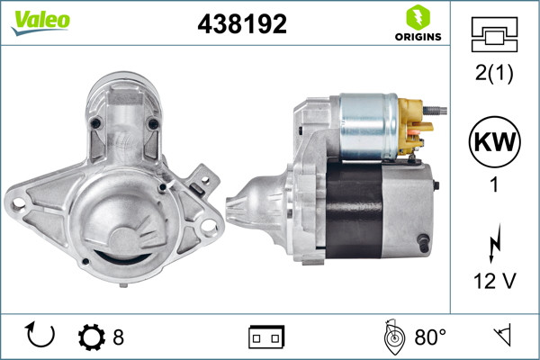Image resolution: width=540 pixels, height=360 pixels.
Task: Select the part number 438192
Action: (x=242, y=24)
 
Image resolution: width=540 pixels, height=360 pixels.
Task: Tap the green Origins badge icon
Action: (x=416, y=16)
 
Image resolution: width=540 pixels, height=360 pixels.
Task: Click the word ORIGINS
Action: (x=417, y=36)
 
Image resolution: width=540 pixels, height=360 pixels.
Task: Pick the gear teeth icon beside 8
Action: (x=91, y=337)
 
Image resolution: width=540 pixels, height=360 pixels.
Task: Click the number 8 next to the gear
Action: (x=118, y=337)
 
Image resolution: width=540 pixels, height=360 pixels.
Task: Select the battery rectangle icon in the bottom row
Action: (x=266, y=337)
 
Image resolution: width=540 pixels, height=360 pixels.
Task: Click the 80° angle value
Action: (x=430, y=337)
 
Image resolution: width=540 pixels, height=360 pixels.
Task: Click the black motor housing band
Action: (x=355, y=211)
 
